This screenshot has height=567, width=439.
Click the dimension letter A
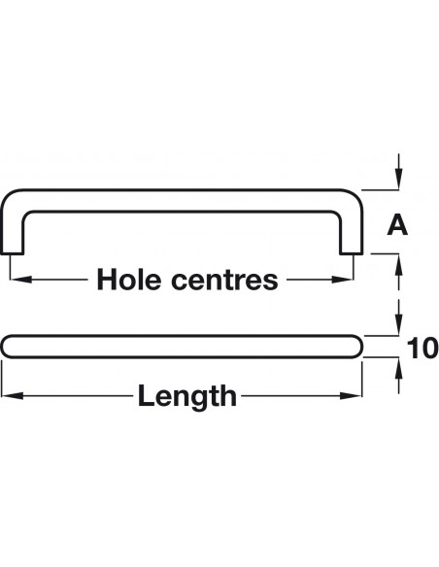coord(397,225)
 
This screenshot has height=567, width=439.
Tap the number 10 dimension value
coord(422,349)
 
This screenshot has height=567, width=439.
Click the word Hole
coord(129,280)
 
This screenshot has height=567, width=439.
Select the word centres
coord(224,281)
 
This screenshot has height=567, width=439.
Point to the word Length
coord(187,395)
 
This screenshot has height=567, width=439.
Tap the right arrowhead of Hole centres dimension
coord(342,280)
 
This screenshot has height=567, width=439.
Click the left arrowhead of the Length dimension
coord(13,396)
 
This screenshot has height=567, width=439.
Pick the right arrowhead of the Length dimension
coord(351,396)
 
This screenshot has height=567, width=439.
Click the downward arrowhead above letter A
coord(398,179)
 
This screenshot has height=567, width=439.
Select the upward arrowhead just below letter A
coord(398,265)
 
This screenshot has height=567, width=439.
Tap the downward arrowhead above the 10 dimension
coord(398,324)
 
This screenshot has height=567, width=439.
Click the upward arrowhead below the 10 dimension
coord(398,368)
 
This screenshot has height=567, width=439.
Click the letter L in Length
coord(146,395)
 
